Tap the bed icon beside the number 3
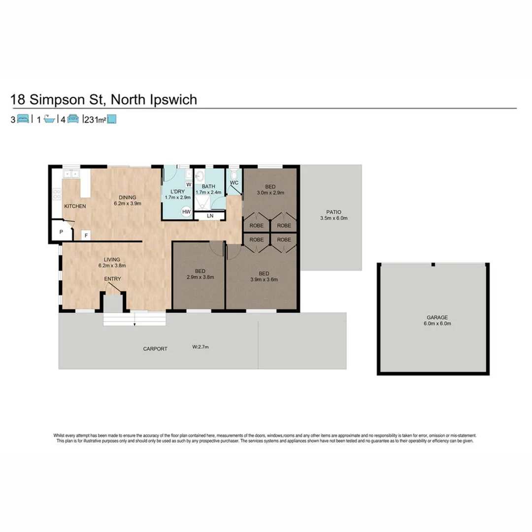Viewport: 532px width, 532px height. coord(23,119)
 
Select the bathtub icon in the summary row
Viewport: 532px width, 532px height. coord(49,119)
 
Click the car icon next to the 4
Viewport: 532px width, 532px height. coord(73,119)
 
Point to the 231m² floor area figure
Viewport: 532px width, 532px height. coord(96,119)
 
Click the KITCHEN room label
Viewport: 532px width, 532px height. coord(75,206)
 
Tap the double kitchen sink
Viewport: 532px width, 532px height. coord(71,174)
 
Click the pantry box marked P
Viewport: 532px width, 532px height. coord(62,232)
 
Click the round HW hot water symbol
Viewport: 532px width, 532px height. coord(186,212)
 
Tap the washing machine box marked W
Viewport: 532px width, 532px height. coord(188,185)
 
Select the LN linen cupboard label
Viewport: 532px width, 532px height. coord(210,216)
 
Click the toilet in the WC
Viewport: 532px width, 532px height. coord(234,175)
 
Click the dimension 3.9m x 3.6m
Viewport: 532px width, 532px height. coord(264,279)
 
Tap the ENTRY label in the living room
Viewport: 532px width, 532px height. coord(112,279)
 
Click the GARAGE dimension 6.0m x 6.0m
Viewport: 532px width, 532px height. coord(434,324)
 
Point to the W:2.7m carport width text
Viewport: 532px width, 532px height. coord(200,347)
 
